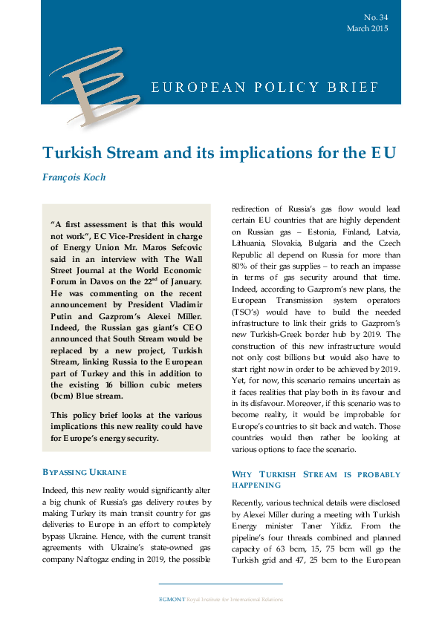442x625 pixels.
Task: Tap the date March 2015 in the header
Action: (x=367, y=28)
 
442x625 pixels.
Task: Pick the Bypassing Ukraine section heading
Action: (x=85, y=471)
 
